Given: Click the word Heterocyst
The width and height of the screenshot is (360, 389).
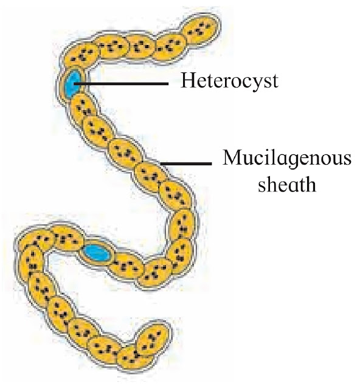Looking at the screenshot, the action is point(230,81).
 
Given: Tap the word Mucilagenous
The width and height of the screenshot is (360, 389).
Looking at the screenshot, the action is point(287,159).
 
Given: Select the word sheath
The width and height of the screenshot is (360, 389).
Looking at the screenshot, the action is point(287,185).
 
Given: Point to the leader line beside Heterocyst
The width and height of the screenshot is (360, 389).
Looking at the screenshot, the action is point(121,84).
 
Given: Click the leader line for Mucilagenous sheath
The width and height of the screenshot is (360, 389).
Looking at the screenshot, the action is point(186,164).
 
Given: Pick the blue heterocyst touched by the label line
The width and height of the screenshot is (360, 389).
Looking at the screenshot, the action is point(71,83).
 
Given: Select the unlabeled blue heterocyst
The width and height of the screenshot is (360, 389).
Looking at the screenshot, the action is point(97,253).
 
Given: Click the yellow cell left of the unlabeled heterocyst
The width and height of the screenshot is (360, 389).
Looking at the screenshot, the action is point(67,239).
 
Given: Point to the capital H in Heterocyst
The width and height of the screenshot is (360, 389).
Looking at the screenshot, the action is point(188,81).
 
